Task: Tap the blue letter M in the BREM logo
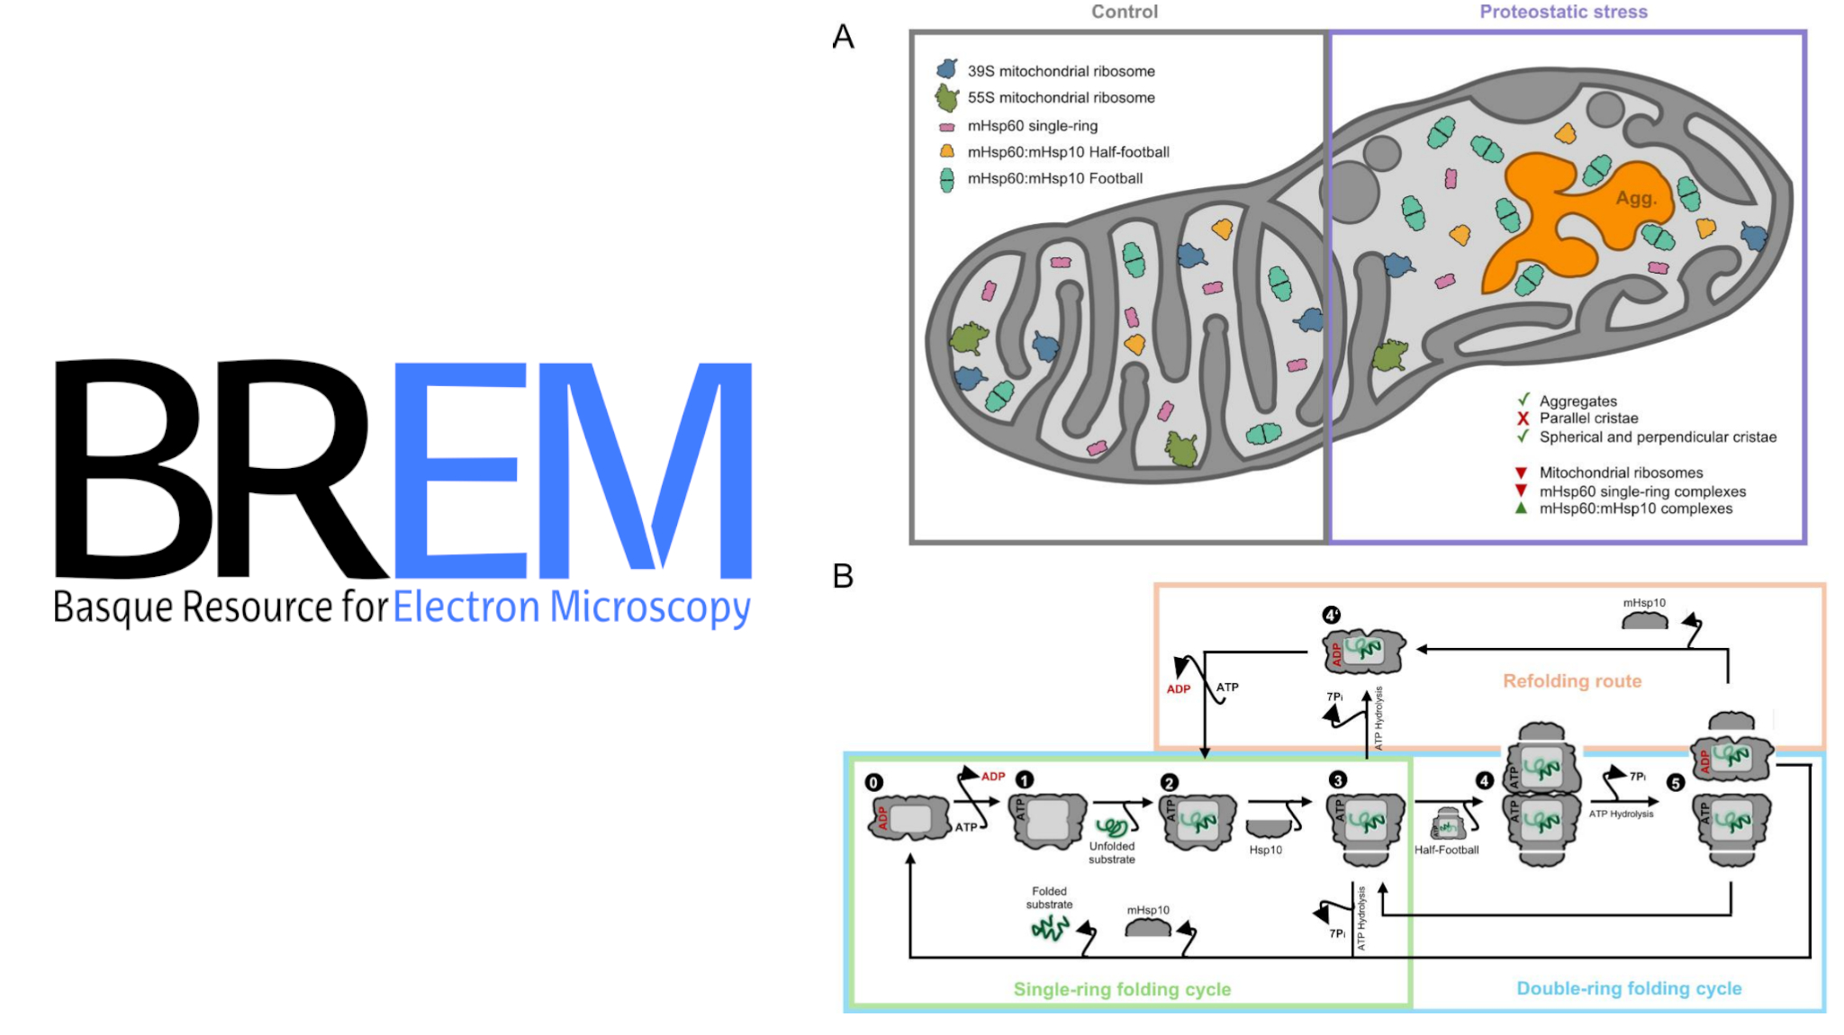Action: [645, 468]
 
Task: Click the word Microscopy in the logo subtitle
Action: [649, 607]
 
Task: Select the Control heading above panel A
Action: [1125, 12]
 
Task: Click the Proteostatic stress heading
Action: [1563, 12]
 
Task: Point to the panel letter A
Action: [843, 37]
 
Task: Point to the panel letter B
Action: [843, 576]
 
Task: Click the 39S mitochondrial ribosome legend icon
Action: [946, 69]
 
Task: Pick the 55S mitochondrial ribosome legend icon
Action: [946, 96]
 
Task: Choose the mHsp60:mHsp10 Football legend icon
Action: [946, 179]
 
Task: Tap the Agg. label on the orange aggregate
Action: [1635, 198]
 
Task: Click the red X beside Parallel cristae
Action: [1523, 418]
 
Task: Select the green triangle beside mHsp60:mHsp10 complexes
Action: [1521, 508]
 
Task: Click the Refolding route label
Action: [1572, 681]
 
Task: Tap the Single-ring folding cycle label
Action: [1122, 989]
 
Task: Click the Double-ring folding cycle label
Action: [1629, 988]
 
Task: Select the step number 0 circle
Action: [873, 782]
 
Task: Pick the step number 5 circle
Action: [1675, 782]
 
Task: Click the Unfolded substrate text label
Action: [1112, 852]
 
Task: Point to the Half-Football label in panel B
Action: [1446, 850]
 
